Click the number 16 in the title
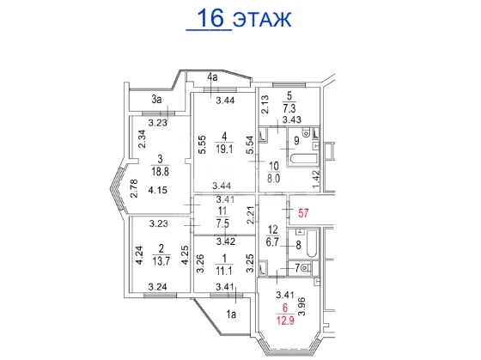(211, 18)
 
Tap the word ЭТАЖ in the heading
(262, 20)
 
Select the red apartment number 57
(303, 213)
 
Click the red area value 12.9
(285, 321)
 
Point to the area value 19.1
(224, 149)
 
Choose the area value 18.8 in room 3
(160, 171)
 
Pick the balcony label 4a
(212, 77)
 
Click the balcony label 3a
(156, 100)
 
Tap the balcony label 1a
(231, 314)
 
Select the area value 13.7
(161, 261)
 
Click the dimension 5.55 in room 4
(203, 145)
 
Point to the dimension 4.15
(158, 190)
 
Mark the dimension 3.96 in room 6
(302, 306)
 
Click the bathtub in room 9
(304, 160)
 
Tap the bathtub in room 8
(312, 244)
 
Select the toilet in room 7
(306, 268)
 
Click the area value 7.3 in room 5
(289, 108)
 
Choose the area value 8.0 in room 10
(273, 179)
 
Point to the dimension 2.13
(265, 104)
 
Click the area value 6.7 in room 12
(272, 242)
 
